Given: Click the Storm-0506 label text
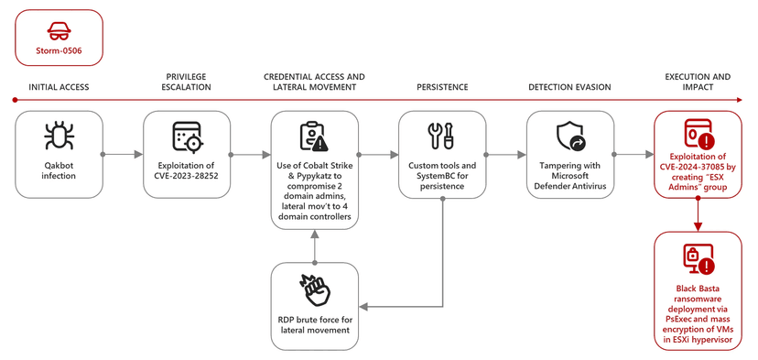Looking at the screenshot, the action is point(59,49).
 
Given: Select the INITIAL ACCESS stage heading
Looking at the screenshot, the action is point(59,87).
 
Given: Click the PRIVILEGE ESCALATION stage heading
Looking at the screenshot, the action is point(186,82).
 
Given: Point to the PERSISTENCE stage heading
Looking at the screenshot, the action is point(442,87).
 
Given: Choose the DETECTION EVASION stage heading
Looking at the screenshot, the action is point(569,87).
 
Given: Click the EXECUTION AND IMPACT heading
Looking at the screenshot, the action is point(698,82).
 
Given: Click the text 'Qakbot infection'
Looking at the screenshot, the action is point(59,170).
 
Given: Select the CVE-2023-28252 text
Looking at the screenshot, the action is point(187,176).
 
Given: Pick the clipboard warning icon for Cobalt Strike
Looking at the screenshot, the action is point(314,136).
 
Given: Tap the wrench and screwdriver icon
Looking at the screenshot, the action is point(441,136).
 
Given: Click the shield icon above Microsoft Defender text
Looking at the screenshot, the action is point(570,136).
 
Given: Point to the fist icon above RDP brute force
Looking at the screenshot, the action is point(314,289).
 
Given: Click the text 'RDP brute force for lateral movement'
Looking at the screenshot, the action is point(314,325).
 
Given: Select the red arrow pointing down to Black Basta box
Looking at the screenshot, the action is point(698,214).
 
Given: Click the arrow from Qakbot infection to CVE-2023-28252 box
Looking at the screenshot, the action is point(123,155).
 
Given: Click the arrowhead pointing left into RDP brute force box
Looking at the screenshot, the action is point(363,307).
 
